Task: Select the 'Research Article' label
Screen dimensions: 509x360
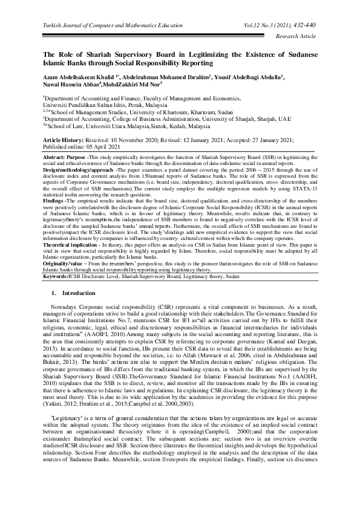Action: pyautogui.click(x=299, y=36)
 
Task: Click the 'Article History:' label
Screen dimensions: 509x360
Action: pyautogui.click(x=65, y=139)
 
